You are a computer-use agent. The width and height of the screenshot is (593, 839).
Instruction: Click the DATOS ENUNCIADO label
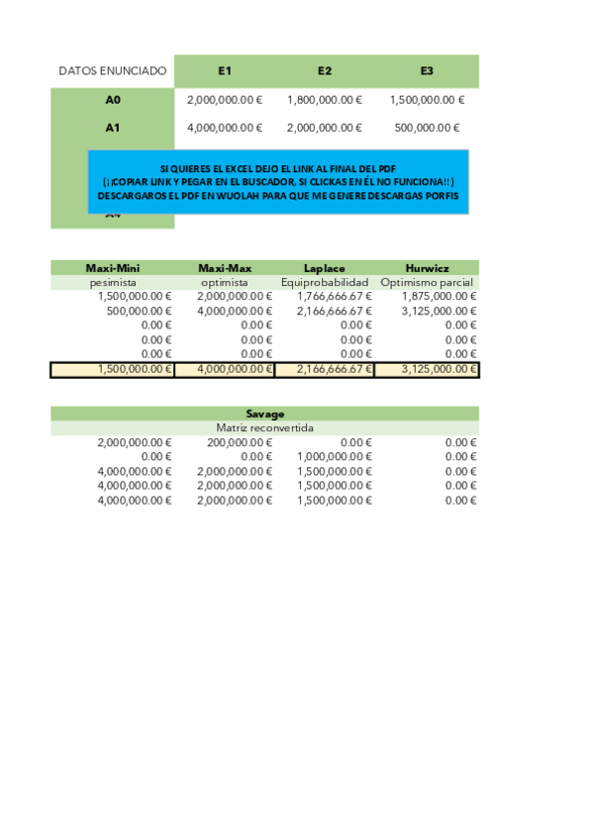113,71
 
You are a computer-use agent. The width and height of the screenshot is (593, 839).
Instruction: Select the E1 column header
225,71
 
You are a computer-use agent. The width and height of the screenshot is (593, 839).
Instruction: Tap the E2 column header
325,71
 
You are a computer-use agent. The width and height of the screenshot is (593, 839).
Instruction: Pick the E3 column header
427,71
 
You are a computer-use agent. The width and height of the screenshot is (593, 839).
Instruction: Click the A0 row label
113,99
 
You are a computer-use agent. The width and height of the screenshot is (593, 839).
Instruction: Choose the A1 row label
113,127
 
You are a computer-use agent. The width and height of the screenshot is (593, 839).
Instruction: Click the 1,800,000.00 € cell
325,100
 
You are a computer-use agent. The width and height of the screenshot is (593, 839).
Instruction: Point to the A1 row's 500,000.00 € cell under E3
428,128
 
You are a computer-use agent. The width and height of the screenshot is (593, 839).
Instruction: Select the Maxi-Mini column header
113,267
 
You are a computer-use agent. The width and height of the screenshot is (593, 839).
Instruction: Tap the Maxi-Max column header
225,267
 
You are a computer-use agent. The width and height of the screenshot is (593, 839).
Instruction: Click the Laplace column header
324,267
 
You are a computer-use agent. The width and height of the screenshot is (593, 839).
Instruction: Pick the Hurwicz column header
427,267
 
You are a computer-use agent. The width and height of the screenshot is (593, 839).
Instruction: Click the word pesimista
113,282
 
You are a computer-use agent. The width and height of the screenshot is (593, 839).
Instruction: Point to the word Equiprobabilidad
325,282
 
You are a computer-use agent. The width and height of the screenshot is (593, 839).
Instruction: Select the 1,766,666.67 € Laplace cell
335,296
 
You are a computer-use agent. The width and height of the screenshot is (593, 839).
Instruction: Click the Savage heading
264,414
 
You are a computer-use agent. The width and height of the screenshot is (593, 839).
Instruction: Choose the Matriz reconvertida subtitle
264,428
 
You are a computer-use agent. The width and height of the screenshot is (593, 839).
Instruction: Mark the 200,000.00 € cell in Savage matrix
235,442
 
